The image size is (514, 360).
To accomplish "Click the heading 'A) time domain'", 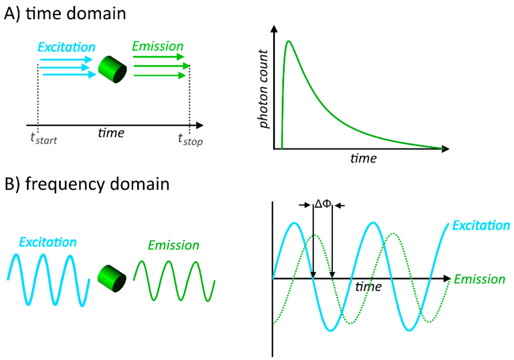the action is pyautogui.click(x=65, y=14).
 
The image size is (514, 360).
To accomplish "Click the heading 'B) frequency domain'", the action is pyautogui.click(x=86, y=184).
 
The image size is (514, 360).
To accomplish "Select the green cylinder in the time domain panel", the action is pyautogui.click(x=112, y=69).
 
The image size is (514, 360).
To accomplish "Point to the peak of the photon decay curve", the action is pyautogui.click(x=289, y=41).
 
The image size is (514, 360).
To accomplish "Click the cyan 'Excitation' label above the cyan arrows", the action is pyautogui.click(x=66, y=48).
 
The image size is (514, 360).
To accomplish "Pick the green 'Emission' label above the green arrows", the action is pyautogui.click(x=158, y=47).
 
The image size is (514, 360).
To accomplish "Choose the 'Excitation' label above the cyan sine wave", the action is pyautogui.click(x=48, y=243).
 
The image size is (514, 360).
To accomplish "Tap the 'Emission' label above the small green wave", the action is pyautogui.click(x=173, y=246).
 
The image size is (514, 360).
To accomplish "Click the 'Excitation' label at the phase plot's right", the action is pyautogui.click(x=481, y=225).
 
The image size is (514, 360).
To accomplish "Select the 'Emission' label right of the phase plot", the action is pyautogui.click(x=479, y=279).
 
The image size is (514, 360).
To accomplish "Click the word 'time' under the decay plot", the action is pyautogui.click(x=363, y=159).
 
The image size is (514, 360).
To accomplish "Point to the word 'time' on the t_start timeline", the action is pyautogui.click(x=111, y=133).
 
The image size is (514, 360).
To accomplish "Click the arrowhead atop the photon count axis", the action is pyautogui.click(x=274, y=30).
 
